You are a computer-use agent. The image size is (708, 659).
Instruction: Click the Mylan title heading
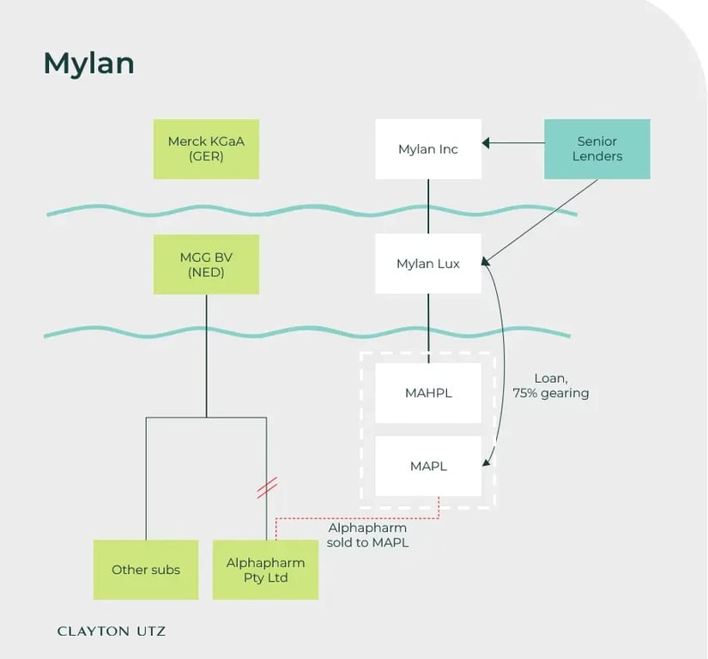click(x=88, y=63)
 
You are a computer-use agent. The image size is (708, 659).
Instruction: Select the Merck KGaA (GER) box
click(x=206, y=149)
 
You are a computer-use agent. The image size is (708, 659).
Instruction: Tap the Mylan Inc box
click(x=428, y=149)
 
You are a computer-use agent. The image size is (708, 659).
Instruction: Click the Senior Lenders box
click(x=597, y=149)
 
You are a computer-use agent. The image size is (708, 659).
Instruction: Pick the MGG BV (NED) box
click(x=206, y=264)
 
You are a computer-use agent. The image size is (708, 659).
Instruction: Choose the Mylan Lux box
click(x=428, y=264)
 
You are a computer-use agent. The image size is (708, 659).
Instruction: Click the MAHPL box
click(x=428, y=393)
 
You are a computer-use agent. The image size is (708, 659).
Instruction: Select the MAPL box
click(x=428, y=466)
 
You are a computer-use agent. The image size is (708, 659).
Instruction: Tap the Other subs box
click(x=146, y=570)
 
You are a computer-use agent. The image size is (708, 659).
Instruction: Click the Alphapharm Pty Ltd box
click(x=265, y=570)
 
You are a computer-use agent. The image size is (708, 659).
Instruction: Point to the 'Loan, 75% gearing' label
click(x=551, y=385)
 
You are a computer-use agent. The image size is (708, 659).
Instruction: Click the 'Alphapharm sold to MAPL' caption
click(x=367, y=535)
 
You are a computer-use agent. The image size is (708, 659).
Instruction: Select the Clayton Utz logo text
click(x=112, y=631)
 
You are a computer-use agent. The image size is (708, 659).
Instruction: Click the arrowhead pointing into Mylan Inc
click(x=487, y=142)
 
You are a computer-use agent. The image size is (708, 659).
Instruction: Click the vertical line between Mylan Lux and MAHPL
click(x=428, y=322)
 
